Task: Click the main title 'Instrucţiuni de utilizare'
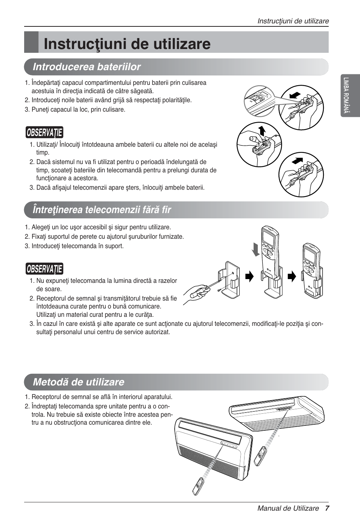[127, 44]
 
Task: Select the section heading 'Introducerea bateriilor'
[87, 67]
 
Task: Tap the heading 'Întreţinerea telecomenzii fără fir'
[102, 210]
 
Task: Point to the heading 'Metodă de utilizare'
[78, 382]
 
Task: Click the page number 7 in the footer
[327, 508]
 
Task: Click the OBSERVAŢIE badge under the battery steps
[45, 133]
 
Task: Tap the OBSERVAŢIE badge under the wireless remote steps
[45, 269]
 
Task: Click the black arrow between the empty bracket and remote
[249, 277]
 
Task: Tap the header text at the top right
[293, 21]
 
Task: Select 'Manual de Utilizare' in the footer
[288, 508]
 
